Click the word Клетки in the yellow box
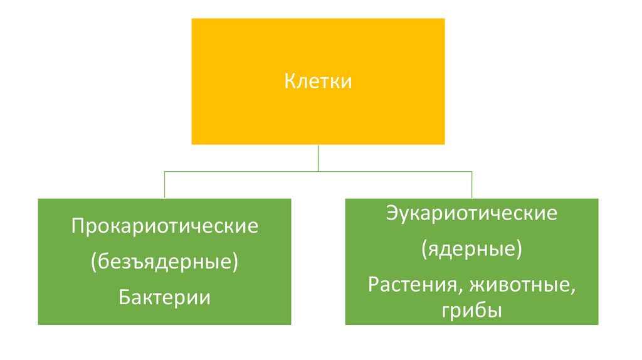point(318,82)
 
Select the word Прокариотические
point(164,226)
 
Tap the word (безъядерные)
point(164,262)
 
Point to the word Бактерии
point(164,297)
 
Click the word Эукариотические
point(471,214)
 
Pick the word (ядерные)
point(471,250)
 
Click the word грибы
point(471,310)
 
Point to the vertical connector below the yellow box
point(318,157)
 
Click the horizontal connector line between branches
point(251,171)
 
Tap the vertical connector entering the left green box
point(164,185)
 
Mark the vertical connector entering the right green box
point(471,185)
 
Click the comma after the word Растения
point(449,290)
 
